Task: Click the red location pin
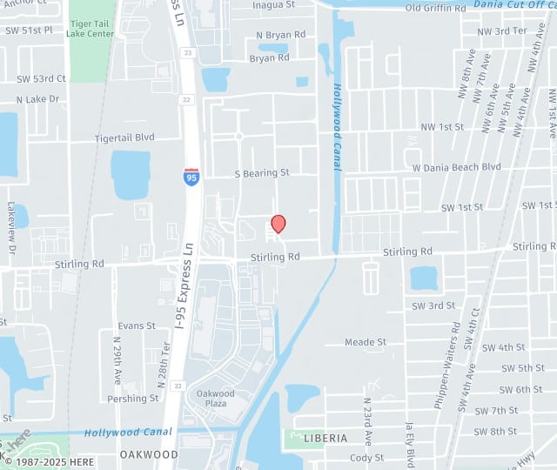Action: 278,224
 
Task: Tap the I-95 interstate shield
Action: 191,176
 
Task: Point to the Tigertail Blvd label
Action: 124,138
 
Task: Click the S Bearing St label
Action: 262,173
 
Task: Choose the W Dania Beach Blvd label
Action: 456,166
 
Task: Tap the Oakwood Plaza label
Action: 214,399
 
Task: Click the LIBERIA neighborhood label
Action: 326,438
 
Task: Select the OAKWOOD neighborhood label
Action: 149,454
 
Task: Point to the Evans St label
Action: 137,326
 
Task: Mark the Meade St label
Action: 366,342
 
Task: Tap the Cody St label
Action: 366,458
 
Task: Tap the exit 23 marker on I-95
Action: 188,53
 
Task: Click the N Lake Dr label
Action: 37,99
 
